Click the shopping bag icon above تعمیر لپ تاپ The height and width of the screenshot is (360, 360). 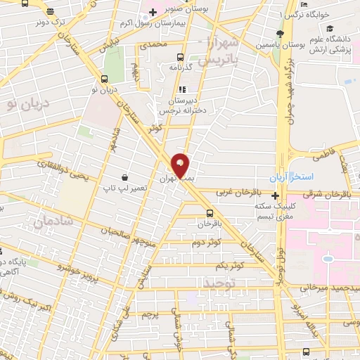click(124, 177)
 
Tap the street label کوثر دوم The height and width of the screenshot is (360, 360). click(206, 242)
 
